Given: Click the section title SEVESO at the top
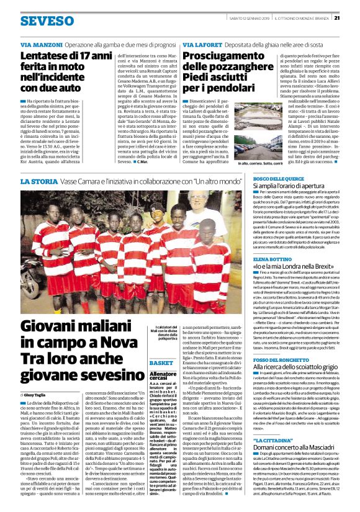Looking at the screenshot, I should click(x=47, y=20).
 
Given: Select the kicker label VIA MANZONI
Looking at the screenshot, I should click(x=40, y=46).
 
